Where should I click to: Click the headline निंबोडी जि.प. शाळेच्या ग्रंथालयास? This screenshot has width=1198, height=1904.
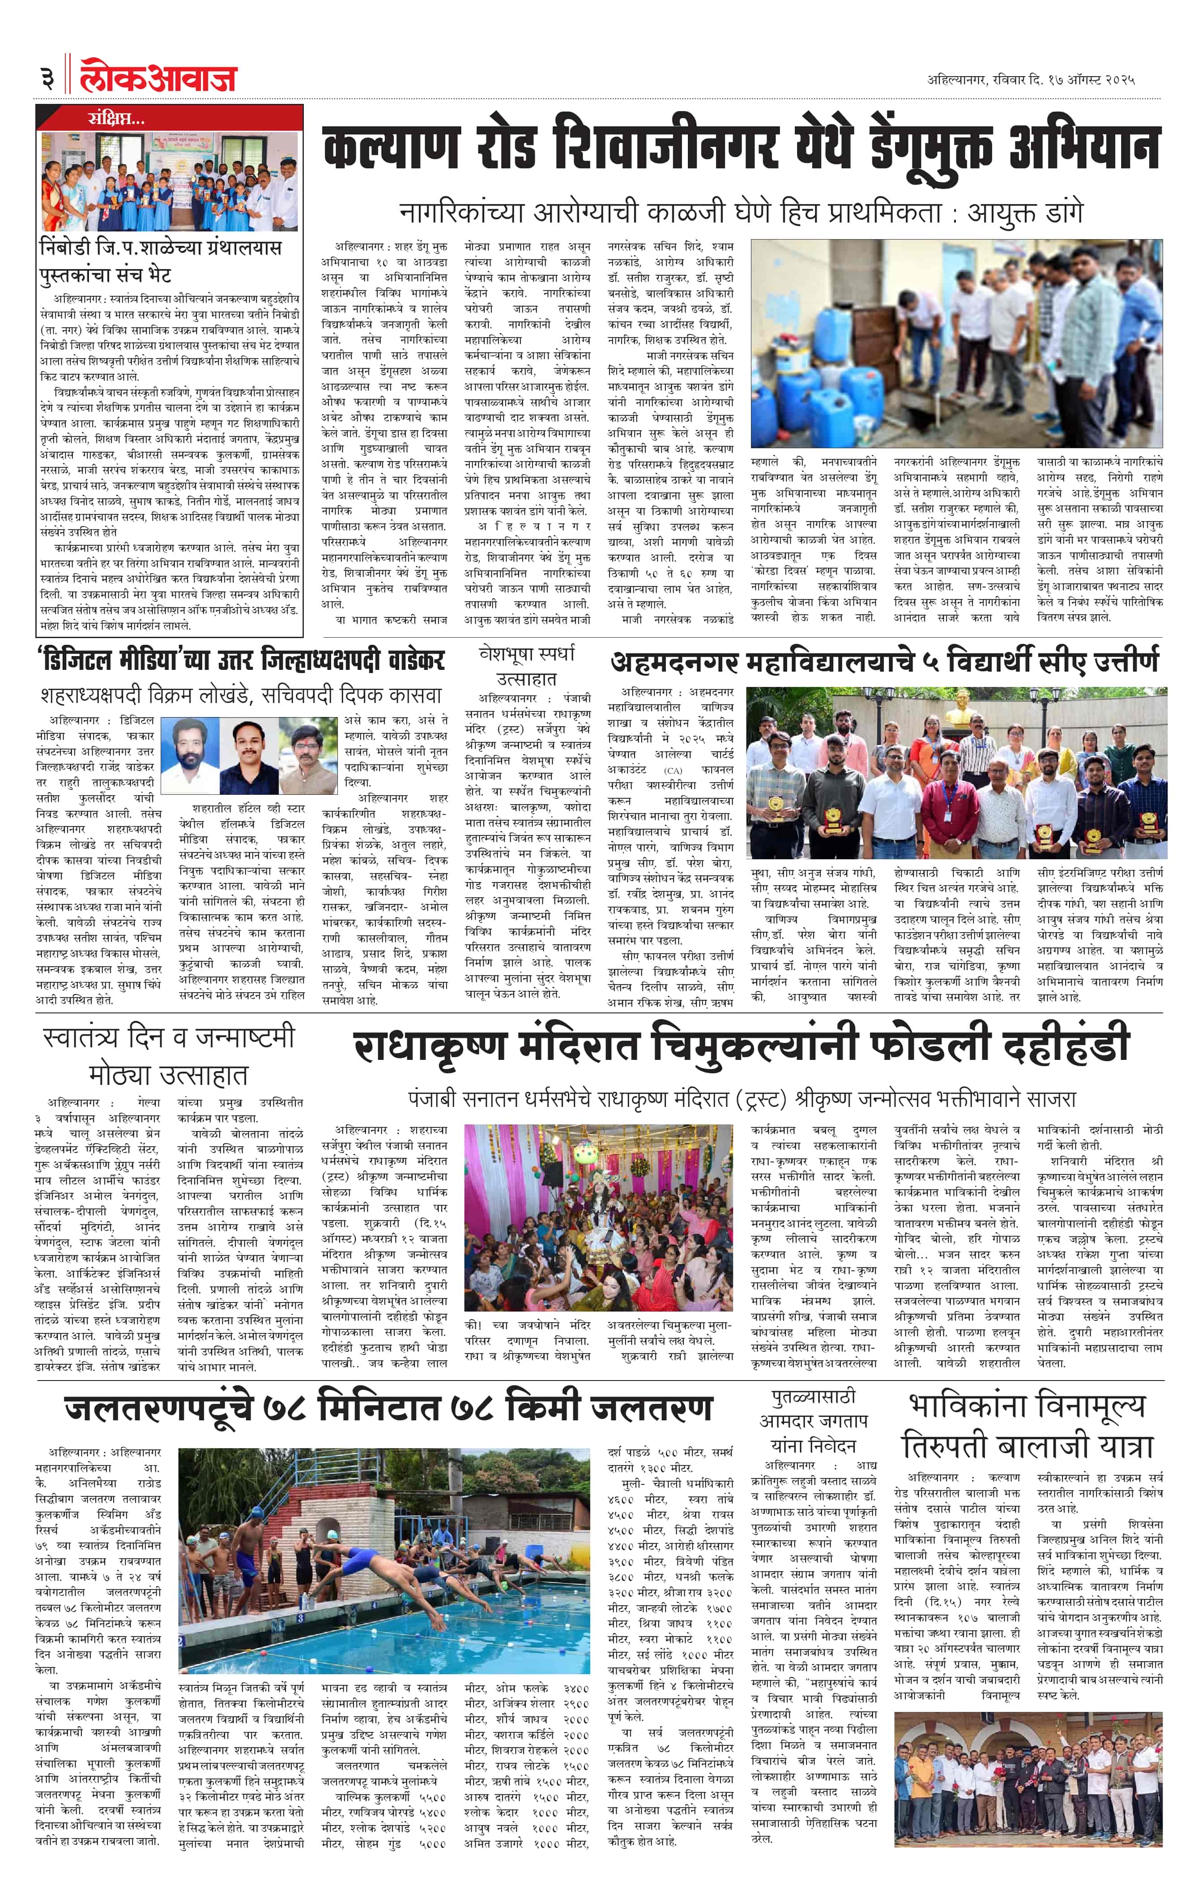click(160, 248)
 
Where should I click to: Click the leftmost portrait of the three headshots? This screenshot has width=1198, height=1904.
click(190, 755)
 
